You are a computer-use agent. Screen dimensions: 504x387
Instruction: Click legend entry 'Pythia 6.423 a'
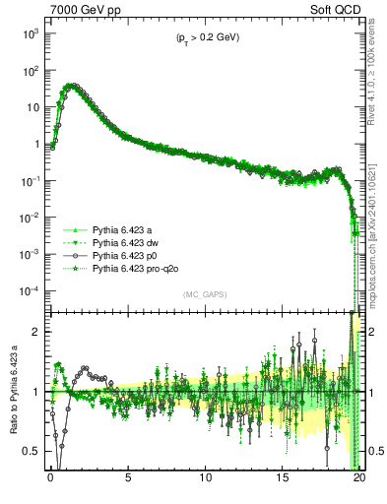123,226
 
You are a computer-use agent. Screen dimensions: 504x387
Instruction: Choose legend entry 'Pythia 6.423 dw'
126,239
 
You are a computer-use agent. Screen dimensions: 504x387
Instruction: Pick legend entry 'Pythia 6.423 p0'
125,253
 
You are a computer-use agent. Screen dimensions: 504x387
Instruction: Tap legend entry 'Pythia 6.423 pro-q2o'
135,266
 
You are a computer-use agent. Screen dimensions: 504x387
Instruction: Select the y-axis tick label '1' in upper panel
37,145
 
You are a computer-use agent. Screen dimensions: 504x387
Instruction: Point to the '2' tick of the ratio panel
37,332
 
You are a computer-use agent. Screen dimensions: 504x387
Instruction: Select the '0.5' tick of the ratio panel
32,451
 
